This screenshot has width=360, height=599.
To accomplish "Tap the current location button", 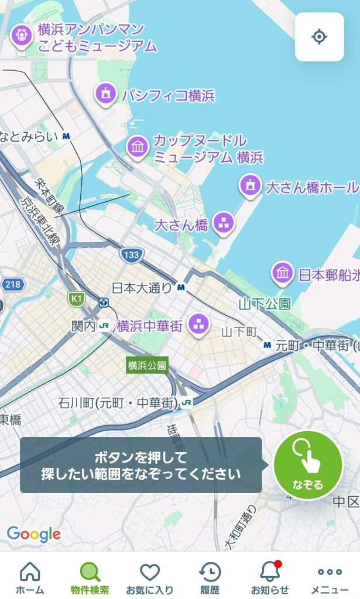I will coord(319,37).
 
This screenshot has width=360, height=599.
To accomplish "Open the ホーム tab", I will coord(30,577).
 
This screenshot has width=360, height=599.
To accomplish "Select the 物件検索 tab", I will coord(90,577).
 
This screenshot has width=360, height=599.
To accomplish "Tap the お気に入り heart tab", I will coord(150,577).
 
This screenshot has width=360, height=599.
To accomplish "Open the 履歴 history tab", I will coord(210,577).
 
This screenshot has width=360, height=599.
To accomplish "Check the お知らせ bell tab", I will coord(270,577).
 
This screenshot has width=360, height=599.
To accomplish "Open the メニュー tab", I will coord(330,577).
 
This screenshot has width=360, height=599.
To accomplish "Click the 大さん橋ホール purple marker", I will coord(251,186).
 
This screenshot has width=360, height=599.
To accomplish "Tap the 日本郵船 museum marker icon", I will coord(283,273).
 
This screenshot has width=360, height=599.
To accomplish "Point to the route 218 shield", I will coord(11,285).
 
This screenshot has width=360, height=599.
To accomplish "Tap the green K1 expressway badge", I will coord(76,299).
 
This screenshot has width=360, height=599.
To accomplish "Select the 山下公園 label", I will coord(265,304).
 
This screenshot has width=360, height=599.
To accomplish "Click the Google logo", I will coord(33,533).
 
